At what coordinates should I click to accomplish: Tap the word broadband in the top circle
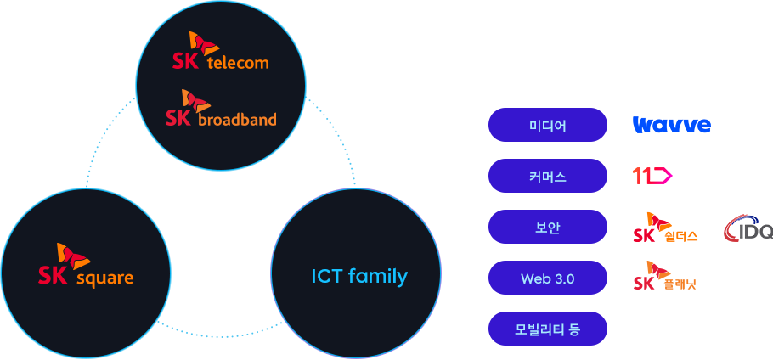pyautogui.click(x=237, y=120)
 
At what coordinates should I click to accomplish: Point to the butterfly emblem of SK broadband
pyautogui.click(x=196, y=100)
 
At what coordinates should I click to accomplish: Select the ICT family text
pyautogui.click(x=358, y=276)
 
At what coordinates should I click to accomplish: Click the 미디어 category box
pyautogui.click(x=547, y=125)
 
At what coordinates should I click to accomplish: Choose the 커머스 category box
pyautogui.click(x=547, y=176)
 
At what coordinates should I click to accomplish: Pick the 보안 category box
pyautogui.click(x=547, y=227)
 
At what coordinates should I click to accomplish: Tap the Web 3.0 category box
pyautogui.click(x=547, y=278)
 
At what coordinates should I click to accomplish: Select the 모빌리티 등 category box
pyautogui.click(x=547, y=329)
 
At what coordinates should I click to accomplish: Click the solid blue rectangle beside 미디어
pyautogui.click(x=671, y=125)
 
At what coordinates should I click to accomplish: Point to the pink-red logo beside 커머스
pyautogui.click(x=652, y=176)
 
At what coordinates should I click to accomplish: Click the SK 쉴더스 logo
pyautogui.click(x=665, y=227)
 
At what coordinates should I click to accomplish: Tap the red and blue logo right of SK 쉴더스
pyautogui.click(x=748, y=228)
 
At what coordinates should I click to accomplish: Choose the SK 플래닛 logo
pyautogui.click(x=664, y=276)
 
